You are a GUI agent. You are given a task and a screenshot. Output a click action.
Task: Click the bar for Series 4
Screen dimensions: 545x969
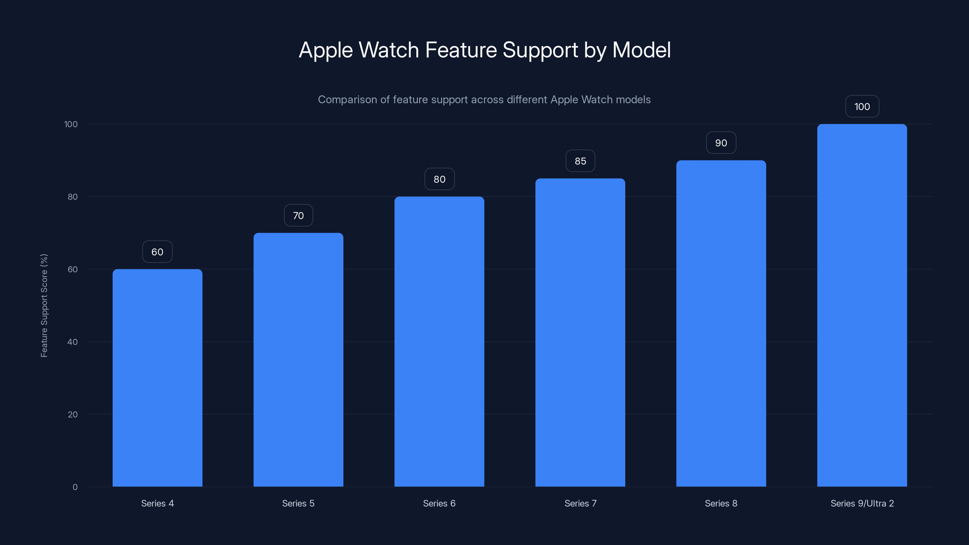(157, 378)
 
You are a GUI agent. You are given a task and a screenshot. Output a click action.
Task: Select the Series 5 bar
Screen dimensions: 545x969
(298, 360)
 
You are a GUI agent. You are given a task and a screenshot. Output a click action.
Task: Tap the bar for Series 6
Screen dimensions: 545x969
(439, 342)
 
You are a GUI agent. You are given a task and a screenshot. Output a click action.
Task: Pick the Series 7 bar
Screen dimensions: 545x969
(580, 332)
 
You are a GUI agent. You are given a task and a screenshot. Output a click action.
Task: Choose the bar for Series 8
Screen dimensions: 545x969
(721, 323)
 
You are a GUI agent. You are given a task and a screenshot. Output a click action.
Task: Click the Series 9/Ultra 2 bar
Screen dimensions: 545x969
(862, 306)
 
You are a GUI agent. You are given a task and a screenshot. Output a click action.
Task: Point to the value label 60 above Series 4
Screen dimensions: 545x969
(157, 252)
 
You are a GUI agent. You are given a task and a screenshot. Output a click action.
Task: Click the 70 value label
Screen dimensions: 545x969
(298, 216)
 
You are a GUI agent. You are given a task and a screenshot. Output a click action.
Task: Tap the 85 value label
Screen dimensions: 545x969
(580, 161)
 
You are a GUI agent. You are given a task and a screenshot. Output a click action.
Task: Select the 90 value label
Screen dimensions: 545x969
(721, 143)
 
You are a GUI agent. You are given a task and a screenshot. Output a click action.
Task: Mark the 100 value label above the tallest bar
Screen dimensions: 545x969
(862, 107)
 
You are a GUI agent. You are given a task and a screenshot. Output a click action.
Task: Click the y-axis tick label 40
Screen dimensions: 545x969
(72, 342)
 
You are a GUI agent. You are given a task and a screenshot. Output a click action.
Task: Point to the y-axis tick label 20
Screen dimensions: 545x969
(72, 415)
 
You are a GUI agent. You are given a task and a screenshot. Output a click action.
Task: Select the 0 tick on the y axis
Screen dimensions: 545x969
(75, 487)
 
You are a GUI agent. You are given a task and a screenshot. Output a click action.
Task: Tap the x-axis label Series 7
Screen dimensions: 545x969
(580, 503)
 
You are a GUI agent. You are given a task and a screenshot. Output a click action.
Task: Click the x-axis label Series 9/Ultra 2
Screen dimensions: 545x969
(862, 503)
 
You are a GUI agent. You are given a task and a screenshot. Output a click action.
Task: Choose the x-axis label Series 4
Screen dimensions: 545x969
(157, 503)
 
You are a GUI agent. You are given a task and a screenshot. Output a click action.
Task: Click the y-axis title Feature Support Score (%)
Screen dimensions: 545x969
(44, 306)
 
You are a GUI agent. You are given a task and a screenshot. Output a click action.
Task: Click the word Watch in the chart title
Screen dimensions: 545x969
(389, 50)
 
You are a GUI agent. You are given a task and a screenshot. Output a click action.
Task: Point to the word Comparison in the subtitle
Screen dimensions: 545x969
(347, 100)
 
